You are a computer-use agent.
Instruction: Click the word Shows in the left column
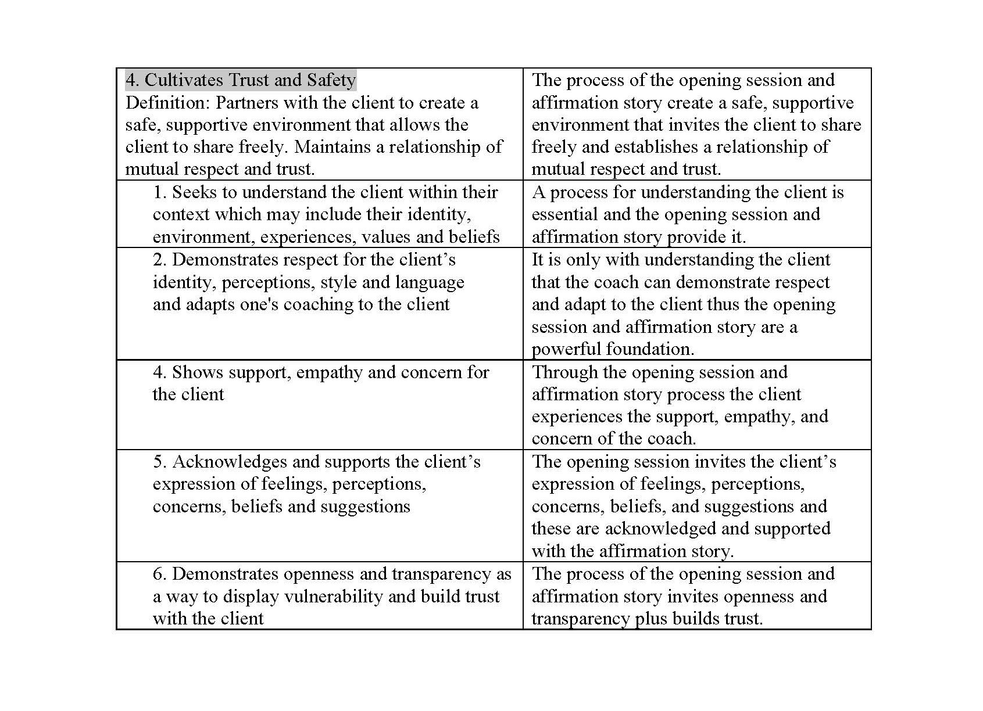pos(194,372)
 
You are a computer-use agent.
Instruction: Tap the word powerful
pos(566,349)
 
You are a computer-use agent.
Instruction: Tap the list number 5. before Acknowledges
pos(160,462)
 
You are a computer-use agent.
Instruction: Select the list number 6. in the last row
pos(160,574)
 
